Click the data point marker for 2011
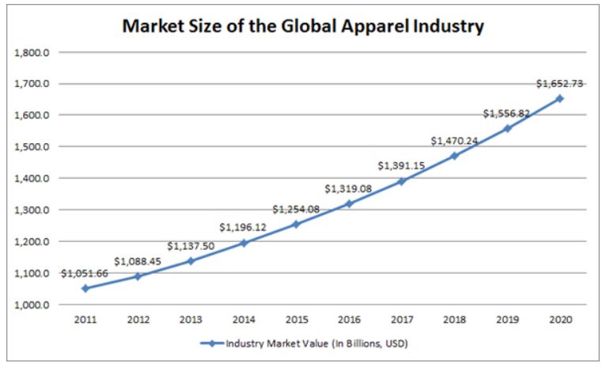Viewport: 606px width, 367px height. coord(85,288)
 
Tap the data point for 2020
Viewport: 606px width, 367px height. coord(559,99)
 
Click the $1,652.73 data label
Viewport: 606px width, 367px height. coord(559,83)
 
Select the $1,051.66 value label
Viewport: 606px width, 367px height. coord(85,273)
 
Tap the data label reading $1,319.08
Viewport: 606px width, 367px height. coord(349,188)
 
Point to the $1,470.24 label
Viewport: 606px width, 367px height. coord(455,140)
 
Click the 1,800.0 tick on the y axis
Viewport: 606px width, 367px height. coord(32,52)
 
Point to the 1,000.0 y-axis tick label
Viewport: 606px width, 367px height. coord(32,305)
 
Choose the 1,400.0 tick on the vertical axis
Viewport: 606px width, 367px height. coord(32,179)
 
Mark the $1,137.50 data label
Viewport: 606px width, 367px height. coord(191,246)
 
